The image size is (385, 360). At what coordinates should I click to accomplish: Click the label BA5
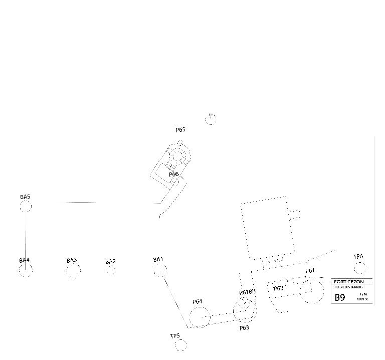[x=25, y=197]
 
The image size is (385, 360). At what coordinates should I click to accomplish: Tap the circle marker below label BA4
[x=26, y=271]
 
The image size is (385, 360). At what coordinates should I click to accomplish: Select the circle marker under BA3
[x=73, y=271]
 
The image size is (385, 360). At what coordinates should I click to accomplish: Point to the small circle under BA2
[x=111, y=271]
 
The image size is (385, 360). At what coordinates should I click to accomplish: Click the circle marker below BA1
[x=160, y=270]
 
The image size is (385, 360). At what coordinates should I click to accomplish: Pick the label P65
[x=180, y=130]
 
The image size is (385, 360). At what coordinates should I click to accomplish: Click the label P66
[x=173, y=174]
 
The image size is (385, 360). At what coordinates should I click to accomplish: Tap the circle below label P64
[x=200, y=317]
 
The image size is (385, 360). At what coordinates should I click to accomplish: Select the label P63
[x=244, y=328]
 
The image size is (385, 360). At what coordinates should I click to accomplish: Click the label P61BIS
[x=248, y=292]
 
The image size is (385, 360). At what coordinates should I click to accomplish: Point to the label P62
[x=278, y=288]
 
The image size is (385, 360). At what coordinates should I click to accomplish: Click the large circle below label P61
[x=311, y=291]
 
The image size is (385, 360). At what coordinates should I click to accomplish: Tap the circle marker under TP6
[x=359, y=268]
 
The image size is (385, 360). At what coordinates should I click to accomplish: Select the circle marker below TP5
[x=180, y=345]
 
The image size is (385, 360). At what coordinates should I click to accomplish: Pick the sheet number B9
[x=340, y=297]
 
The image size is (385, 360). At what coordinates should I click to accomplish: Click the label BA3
[x=72, y=260]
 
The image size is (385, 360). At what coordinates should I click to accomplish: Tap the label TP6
[x=358, y=257]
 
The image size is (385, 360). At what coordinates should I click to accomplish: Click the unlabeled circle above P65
[x=211, y=119]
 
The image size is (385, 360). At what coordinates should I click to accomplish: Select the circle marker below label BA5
[x=26, y=206]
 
